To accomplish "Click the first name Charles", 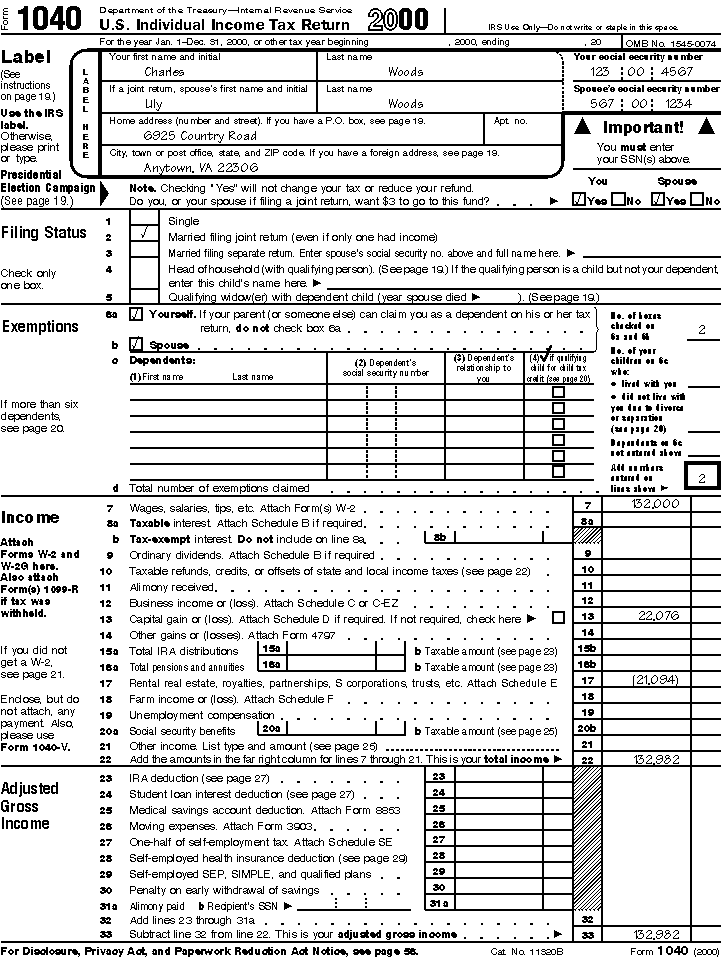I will pyautogui.click(x=163, y=72).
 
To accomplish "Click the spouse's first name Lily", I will pyautogui.click(x=154, y=103).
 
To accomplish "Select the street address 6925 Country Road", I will pyautogui.click(x=200, y=135).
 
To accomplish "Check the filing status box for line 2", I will pyautogui.click(x=147, y=237).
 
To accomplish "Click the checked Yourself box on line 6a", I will pyautogui.click(x=136, y=313).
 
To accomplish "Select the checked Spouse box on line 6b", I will pyautogui.click(x=136, y=345).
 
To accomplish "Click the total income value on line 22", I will pyautogui.click(x=657, y=760).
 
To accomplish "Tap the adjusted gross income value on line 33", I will pyautogui.click(x=657, y=933).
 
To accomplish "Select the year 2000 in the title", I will pyautogui.click(x=398, y=20).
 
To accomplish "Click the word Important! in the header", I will pyautogui.click(x=643, y=128).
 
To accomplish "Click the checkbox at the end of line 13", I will pyautogui.click(x=558, y=618).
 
